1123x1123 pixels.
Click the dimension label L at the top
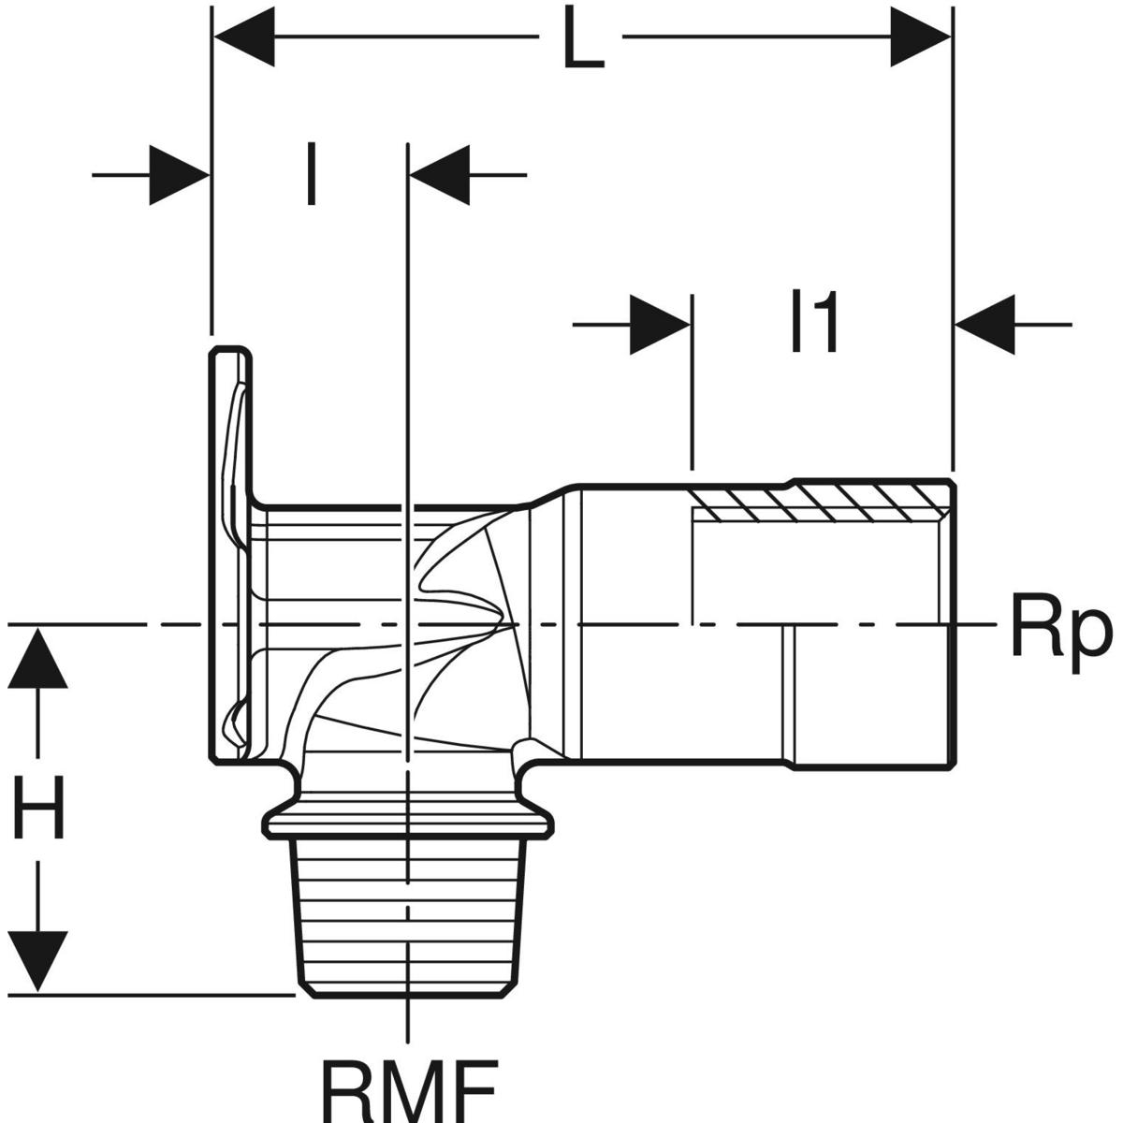click(x=582, y=40)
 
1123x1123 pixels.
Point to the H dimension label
click(x=38, y=810)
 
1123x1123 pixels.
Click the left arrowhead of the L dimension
click(x=245, y=38)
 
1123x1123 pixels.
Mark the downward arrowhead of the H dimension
click(x=38, y=960)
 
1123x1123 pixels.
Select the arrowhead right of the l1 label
click(x=984, y=325)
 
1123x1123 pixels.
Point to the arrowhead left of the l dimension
click(x=180, y=174)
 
